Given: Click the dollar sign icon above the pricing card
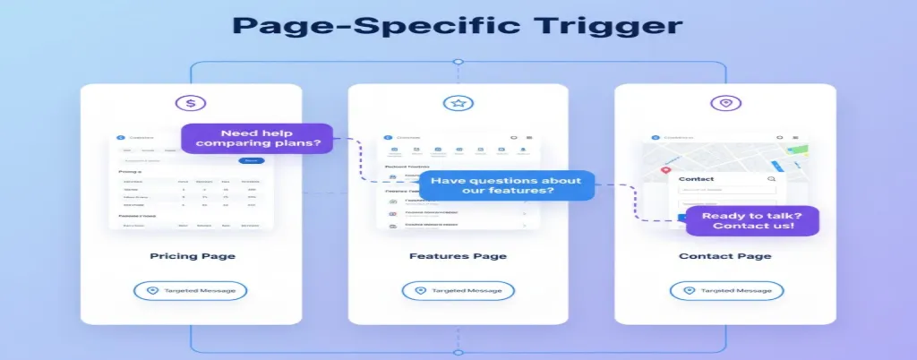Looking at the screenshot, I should [190, 103].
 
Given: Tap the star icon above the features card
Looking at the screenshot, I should [458, 103].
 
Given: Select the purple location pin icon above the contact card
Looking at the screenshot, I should [725, 103].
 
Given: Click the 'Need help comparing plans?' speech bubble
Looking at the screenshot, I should [257, 140].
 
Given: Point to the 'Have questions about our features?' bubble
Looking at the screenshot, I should [506, 186].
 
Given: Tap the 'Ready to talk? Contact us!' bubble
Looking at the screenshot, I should [752, 219].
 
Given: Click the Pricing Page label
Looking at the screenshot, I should [192, 256].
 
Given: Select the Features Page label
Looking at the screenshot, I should [458, 256].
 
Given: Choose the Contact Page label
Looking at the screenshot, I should [725, 256].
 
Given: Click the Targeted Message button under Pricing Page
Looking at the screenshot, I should [190, 291].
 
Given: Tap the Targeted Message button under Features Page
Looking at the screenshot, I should [458, 291].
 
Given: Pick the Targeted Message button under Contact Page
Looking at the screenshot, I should [726, 291].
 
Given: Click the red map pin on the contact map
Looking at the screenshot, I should [665, 169].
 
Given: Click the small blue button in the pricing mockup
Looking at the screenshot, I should [252, 160].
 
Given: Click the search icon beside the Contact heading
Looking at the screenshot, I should [771, 179].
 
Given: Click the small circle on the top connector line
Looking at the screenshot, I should [458, 62].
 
